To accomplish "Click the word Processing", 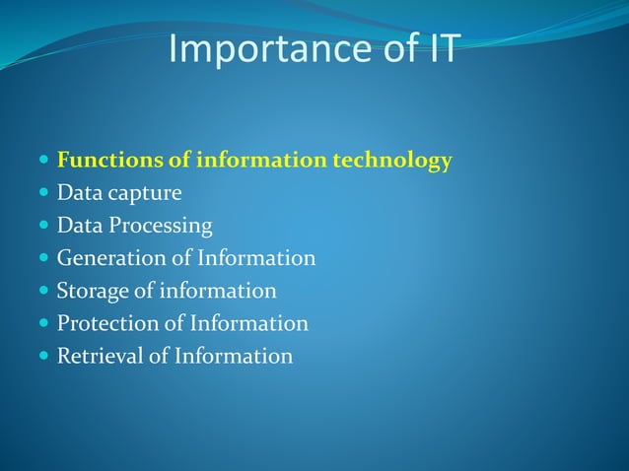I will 159,227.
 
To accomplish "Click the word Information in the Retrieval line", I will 234,356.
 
